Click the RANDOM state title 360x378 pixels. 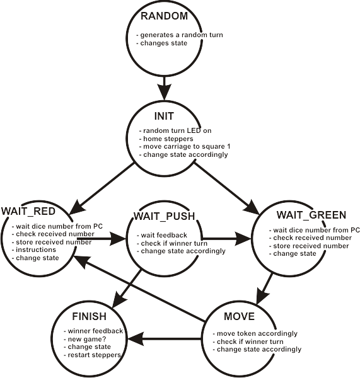click(x=164, y=16)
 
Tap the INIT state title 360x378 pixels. click(x=164, y=116)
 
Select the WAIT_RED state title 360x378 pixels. click(x=28, y=212)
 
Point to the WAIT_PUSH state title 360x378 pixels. click(x=165, y=216)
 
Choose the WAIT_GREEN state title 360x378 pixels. click(x=311, y=215)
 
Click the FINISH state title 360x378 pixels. click(x=90, y=316)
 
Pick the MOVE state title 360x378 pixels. click(x=239, y=316)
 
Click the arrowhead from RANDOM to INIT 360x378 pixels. click(x=165, y=91)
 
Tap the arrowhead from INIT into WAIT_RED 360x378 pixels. click(x=76, y=207)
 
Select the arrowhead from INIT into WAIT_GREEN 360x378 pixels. click(x=252, y=207)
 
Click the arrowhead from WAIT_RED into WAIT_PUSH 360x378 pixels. click(x=118, y=239)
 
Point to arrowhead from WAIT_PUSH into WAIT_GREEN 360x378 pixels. click(x=243, y=239)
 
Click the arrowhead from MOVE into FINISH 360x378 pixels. click(x=136, y=339)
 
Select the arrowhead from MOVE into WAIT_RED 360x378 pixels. click(x=81, y=261)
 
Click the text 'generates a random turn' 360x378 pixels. click(x=182, y=35)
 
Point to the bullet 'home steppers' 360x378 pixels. click(x=168, y=139)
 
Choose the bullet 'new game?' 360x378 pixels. click(x=87, y=339)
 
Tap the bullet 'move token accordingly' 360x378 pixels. click(x=257, y=334)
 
